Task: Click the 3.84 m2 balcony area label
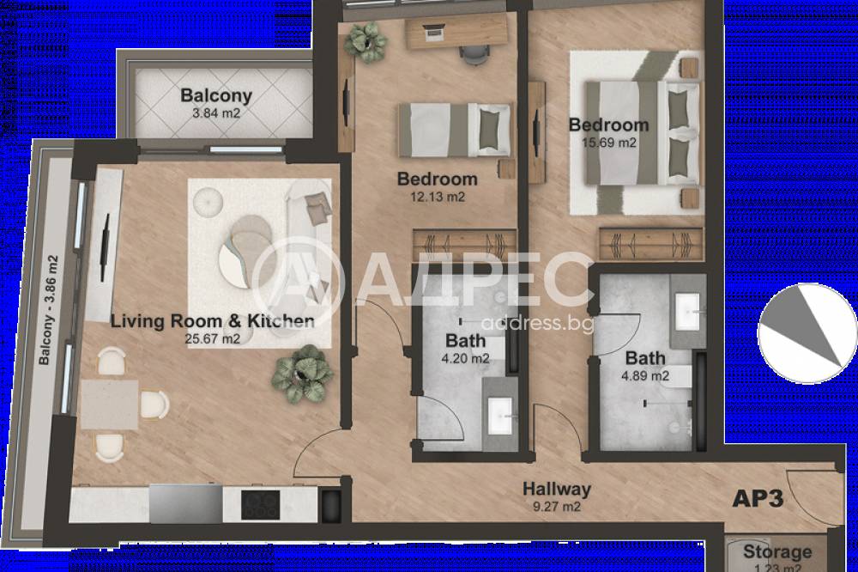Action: pos(215,114)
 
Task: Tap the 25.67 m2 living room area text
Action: pos(212,339)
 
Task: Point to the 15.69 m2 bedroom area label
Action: pos(609,143)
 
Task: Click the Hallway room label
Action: pos(557,489)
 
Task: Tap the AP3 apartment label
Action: pos(758,499)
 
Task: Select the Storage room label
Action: pos(777,551)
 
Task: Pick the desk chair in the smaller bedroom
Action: pos(472,55)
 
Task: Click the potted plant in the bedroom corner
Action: pos(366,41)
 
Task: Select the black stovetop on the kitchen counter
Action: pos(261,505)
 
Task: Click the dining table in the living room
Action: pos(110,405)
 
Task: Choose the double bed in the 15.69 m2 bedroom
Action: pos(643,133)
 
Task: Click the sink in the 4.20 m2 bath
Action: pos(500,416)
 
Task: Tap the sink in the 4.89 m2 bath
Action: pos(687,312)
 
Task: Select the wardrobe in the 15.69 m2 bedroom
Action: pos(650,244)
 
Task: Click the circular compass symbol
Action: pos(807,333)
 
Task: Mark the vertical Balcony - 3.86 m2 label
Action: pos(48,310)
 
